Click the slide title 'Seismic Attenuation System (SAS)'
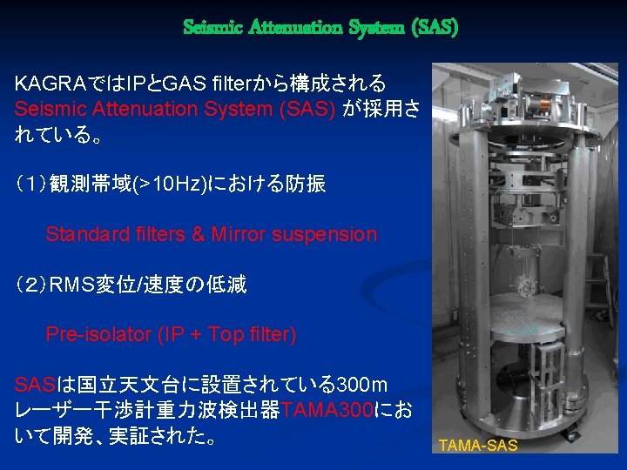tap(320, 28)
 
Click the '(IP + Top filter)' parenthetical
tap(226, 335)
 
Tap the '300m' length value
tap(361, 384)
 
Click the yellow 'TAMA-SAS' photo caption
tap(478, 446)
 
